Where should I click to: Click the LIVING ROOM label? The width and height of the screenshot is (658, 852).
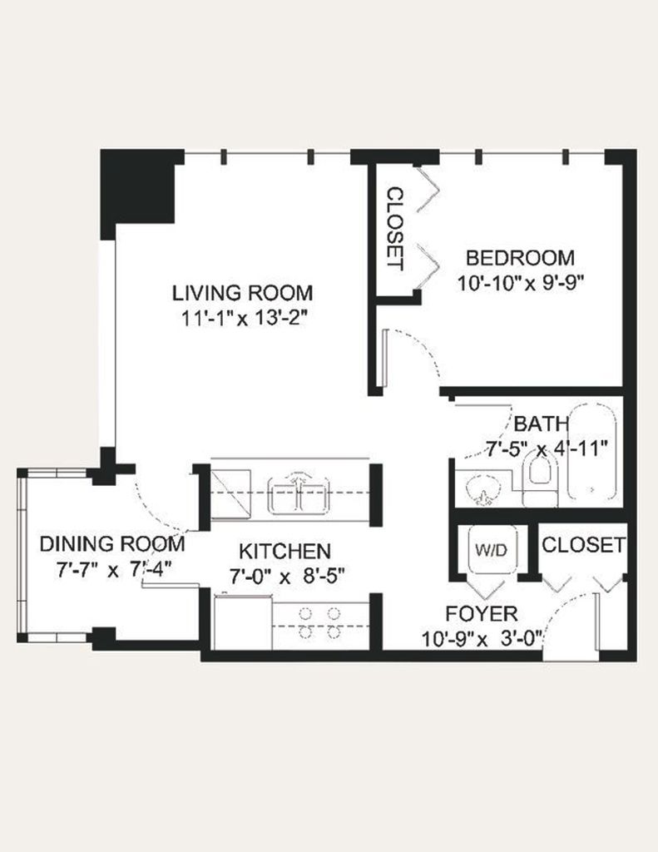pos(242,293)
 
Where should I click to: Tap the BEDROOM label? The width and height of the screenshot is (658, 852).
pos(520,258)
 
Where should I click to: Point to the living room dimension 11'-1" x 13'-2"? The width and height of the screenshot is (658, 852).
pos(242,319)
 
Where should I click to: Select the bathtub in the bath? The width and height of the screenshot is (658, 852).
pos(591,450)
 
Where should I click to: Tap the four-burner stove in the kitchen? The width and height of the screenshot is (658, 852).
pos(320,624)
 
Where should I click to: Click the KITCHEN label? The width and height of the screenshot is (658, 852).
pos(284,551)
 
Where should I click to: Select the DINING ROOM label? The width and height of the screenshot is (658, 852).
pos(112,544)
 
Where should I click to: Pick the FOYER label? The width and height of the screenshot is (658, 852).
pos(482,613)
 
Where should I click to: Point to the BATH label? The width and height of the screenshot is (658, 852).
pos(542,424)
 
